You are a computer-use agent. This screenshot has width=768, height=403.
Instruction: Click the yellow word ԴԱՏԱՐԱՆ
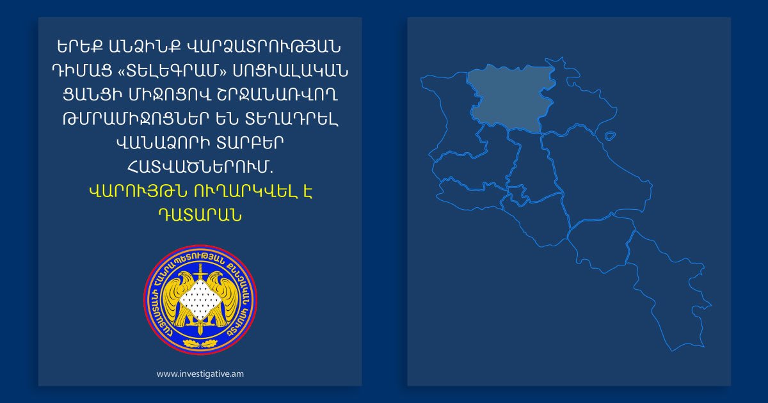(x=200, y=214)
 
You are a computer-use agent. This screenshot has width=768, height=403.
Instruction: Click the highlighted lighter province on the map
(x=506, y=96)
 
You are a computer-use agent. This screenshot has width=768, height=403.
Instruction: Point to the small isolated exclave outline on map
(x=610, y=136)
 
